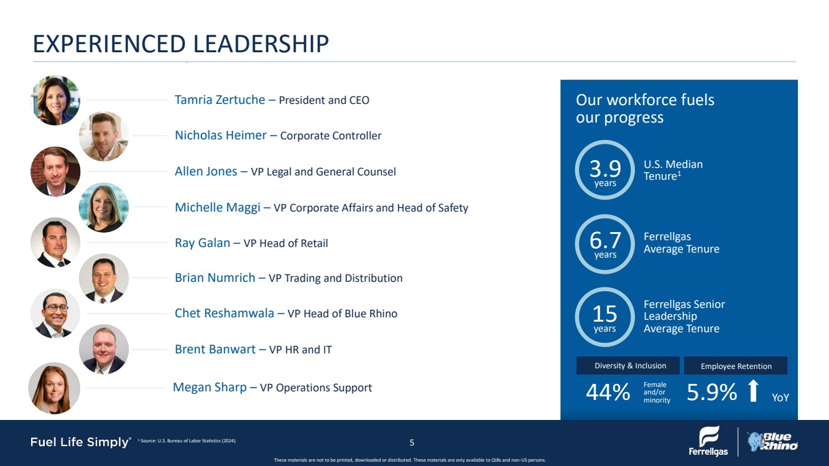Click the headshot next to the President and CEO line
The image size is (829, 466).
[x=55, y=100]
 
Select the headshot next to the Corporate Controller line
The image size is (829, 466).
[x=104, y=136]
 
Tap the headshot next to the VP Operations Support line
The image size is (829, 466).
[x=54, y=388]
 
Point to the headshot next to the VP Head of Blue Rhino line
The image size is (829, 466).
[x=55, y=314]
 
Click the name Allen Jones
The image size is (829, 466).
[x=206, y=171]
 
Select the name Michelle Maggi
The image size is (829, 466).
[x=217, y=207]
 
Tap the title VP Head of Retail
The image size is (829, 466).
[x=285, y=243]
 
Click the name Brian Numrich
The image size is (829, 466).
[x=215, y=278]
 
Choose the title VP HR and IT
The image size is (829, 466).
[x=300, y=350]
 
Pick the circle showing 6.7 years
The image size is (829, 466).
[x=605, y=244]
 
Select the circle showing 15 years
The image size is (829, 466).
[x=605, y=317]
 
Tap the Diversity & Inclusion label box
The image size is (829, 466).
[x=630, y=366]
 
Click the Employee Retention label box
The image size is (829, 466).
[x=736, y=366]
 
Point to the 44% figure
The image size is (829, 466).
[x=608, y=393]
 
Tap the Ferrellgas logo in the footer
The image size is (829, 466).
[x=708, y=441]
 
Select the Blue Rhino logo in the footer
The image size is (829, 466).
[x=772, y=441]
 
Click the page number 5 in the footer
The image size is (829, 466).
[x=412, y=443]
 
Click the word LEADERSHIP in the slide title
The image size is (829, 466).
[x=261, y=44]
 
